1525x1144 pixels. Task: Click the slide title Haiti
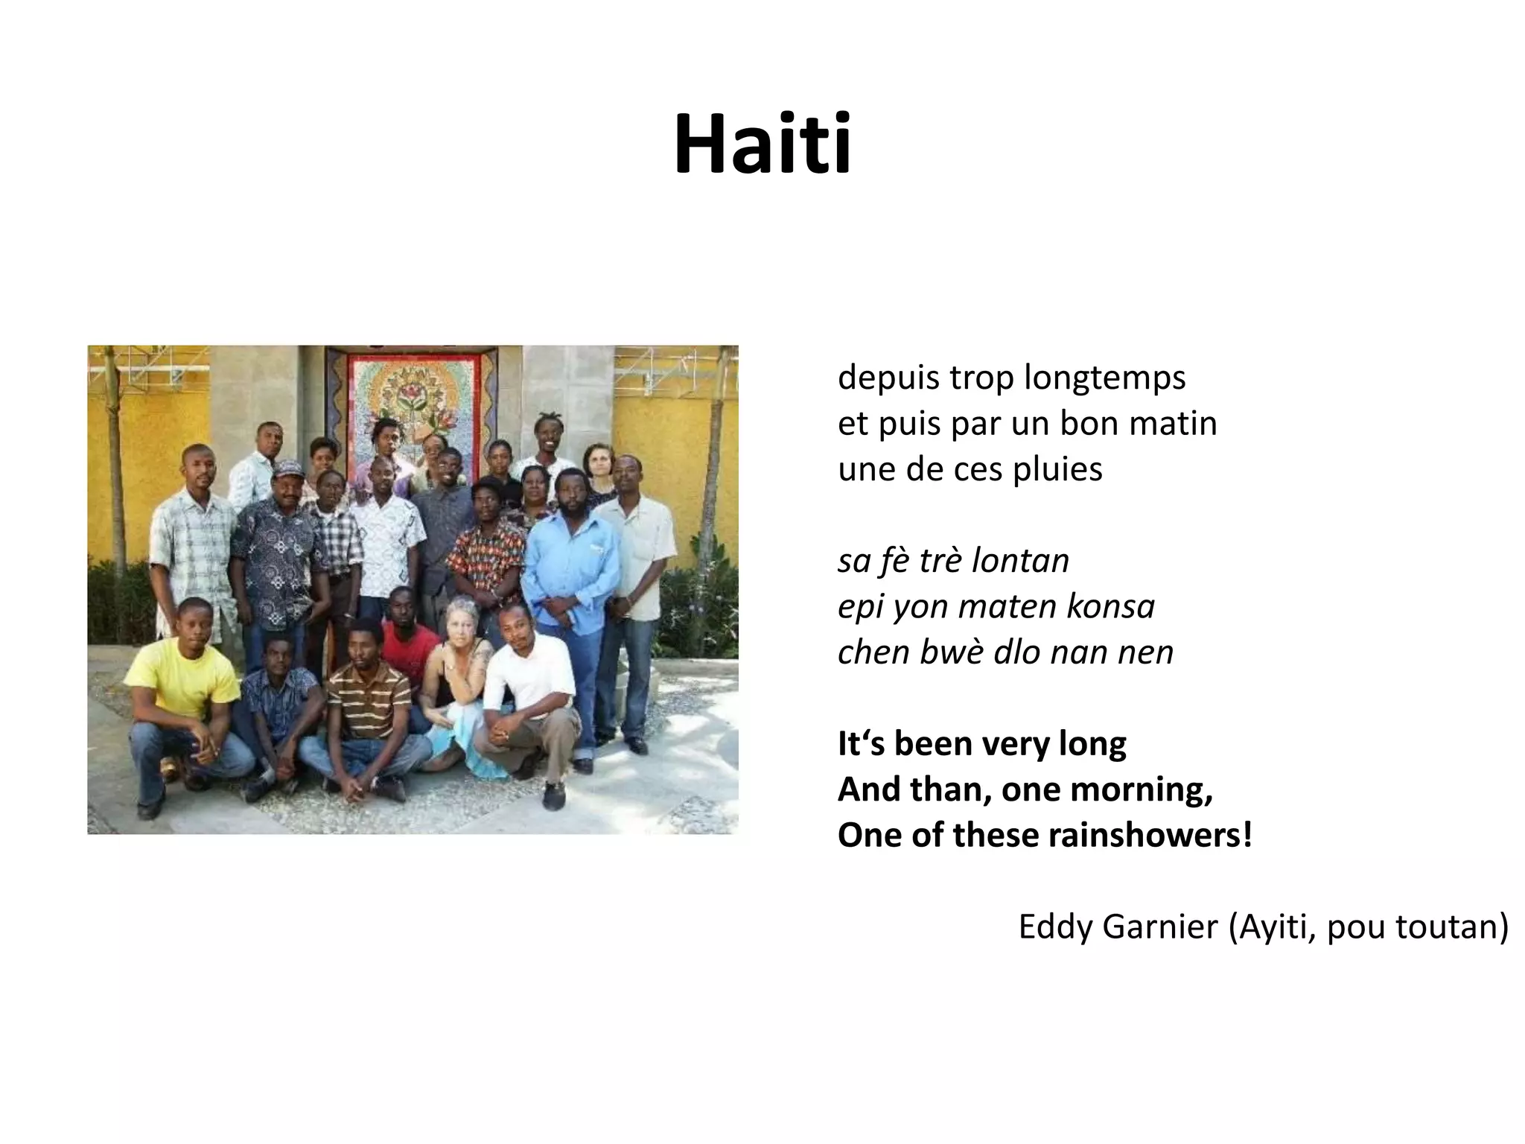pos(762,143)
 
